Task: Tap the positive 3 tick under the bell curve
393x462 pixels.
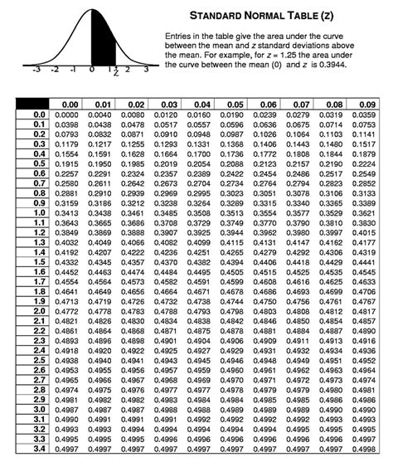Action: click(x=146, y=71)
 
